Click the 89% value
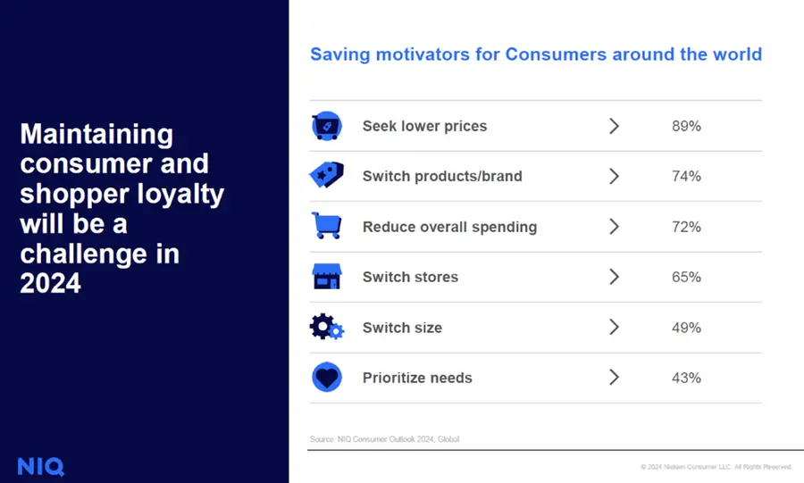(x=686, y=126)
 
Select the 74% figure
(x=686, y=176)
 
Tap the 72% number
(x=686, y=227)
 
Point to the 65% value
(x=686, y=277)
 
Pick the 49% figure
(x=686, y=328)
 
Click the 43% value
(x=686, y=378)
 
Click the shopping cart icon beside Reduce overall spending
(x=327, y=225)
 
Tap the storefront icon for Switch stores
(x=327, y=277)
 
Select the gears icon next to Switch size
(x=327, y=327)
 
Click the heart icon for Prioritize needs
(x=327, y=378)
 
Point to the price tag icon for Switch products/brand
(x=327, y=175)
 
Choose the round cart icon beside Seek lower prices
(x=327, y=126)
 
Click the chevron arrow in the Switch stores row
(x=615, y=277)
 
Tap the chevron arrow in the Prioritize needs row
(x=615, y=378)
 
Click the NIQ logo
(x=41, y=467)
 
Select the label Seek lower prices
(x=424, y=126)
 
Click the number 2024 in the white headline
(x=50, y=283)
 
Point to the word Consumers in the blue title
(x=556, y=54)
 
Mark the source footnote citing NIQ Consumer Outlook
(x=384, y=439)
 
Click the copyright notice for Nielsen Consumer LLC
(x=716, y=467)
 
